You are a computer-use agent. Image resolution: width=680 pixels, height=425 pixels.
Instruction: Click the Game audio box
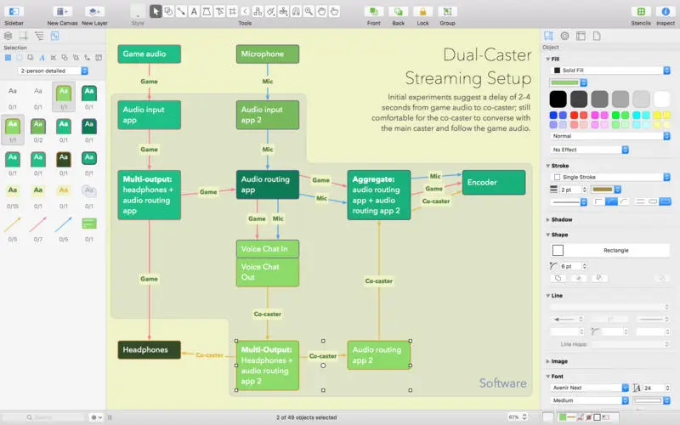[x=150, y=54]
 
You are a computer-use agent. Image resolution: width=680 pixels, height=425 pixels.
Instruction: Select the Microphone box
[x=268, y=54]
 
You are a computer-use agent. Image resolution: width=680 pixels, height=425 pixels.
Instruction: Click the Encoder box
[x=492, y=182]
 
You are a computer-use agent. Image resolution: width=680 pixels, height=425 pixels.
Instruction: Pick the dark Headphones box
[x=150, y=349]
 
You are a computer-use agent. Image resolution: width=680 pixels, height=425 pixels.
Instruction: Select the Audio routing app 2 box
[x=379, y=354]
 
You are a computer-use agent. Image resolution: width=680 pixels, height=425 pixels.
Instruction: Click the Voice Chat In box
[x=268, y=249]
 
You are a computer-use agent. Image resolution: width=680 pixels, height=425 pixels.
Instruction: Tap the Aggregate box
[x=379, y=195]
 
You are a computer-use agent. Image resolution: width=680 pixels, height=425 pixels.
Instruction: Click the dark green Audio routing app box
[x=268, y=184]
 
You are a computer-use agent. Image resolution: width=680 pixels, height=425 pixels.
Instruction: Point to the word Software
[x=503, y=383]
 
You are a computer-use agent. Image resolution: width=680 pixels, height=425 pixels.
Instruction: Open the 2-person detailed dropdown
[x=54, y=71]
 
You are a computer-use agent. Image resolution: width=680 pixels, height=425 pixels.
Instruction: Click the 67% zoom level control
[x=517, y=417]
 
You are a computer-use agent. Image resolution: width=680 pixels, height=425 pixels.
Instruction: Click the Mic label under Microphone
[x=268, y=82]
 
